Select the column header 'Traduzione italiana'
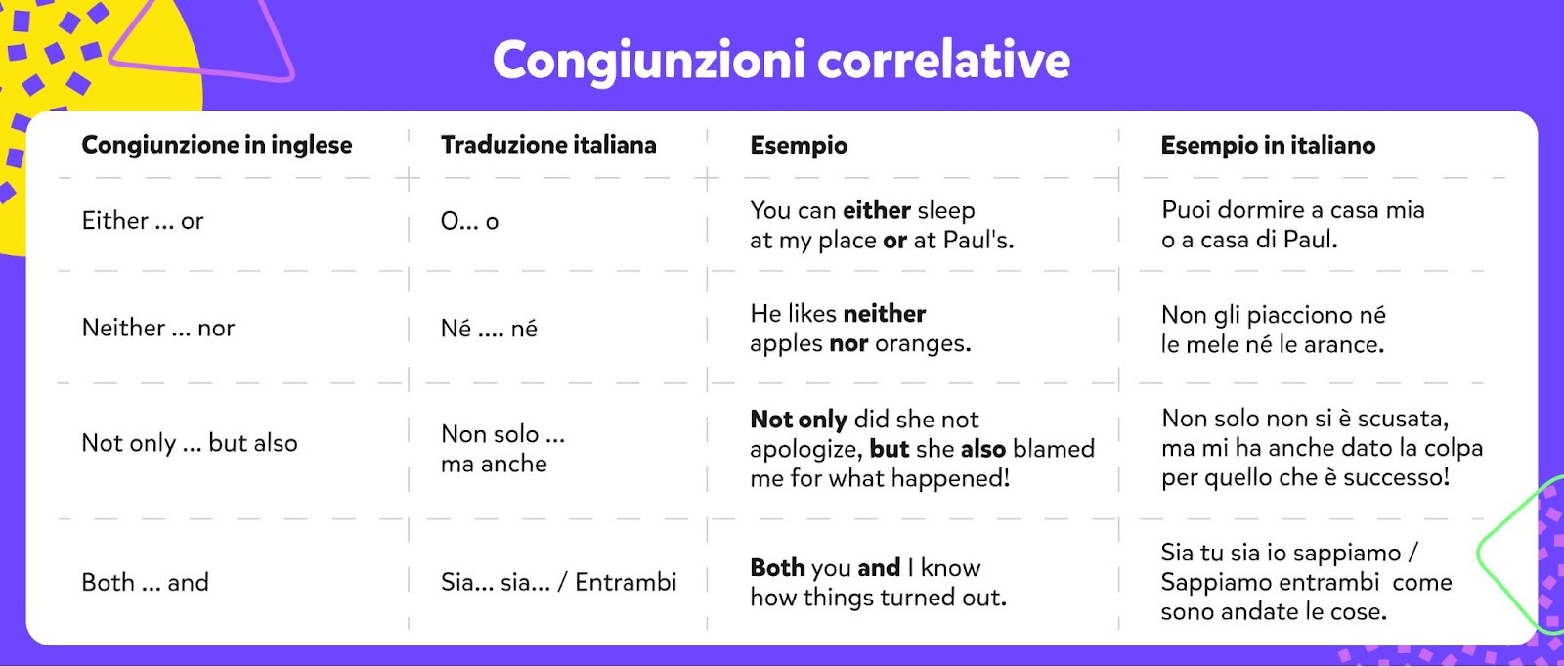point(548,145)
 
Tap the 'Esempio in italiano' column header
point(1268,145)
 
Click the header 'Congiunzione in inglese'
point(216,146)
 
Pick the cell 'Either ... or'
point(143,221)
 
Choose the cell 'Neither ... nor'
point(157,328)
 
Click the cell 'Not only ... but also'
point(190,443)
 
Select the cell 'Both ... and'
point(146,582)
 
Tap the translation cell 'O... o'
point(469,221)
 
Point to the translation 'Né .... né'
point(489,328)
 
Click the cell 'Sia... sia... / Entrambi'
point(558,582)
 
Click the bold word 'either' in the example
point(876,210)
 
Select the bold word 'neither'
point(884,314)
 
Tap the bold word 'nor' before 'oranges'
point(849,343)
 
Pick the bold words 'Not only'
point(799,419)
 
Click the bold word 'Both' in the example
point(778,568)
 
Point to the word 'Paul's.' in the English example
point(978,240)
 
